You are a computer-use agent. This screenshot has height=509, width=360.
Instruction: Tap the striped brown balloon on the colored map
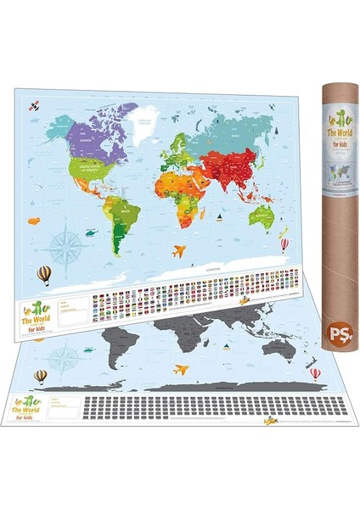click(x=44, y=274)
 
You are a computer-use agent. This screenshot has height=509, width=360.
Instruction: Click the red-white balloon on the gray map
click(x=315, y=372)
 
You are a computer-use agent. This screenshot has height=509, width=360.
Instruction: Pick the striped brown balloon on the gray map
click(x=39, y=377)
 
